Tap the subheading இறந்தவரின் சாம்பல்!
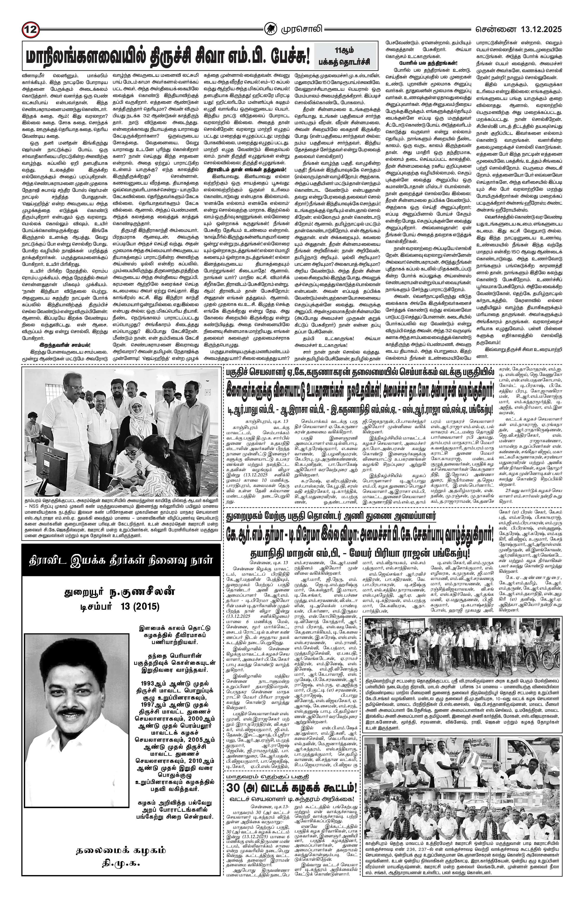point(64,345)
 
